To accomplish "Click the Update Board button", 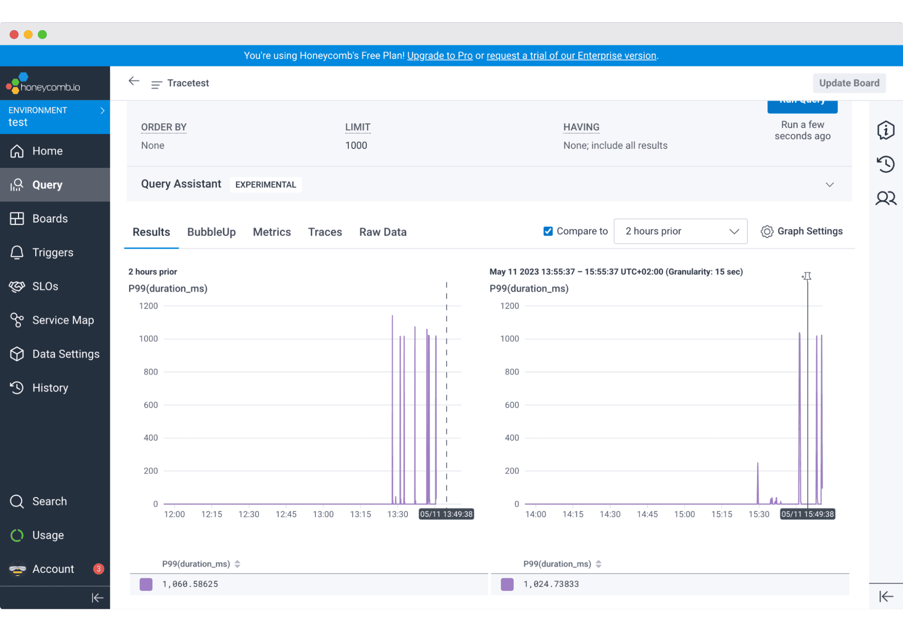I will click(x=849, y=83).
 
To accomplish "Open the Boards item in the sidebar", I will click(x=50, y=218).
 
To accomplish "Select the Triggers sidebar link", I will click(x=52, y=252).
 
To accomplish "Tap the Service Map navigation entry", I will click(x=63, y=320).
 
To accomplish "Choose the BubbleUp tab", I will click(x=211, y=232).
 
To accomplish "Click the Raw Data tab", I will click(x=383, y=232).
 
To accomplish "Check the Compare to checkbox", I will click(x=548, y=231).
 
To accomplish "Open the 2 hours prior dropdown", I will click(x=680, y=231).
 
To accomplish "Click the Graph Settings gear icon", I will click(x=767, y=232).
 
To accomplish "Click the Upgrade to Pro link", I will click(x=440, y=56).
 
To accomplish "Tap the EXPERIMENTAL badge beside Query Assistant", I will click(x=266, y=185).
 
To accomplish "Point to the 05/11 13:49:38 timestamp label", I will click(x=446, y=514).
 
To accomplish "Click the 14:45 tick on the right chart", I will click(x=647, y=514).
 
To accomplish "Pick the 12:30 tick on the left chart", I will click(x=249, y=514).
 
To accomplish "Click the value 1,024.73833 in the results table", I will click(x=551, y=584).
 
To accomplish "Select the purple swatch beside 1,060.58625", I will click(x=146, y=584).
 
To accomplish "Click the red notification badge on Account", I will click(x=98, y=569).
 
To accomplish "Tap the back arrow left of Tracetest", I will click(x=134, y=81).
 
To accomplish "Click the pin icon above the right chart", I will click(x=807, y=276).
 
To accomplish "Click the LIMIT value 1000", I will click(x=356, y=145).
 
